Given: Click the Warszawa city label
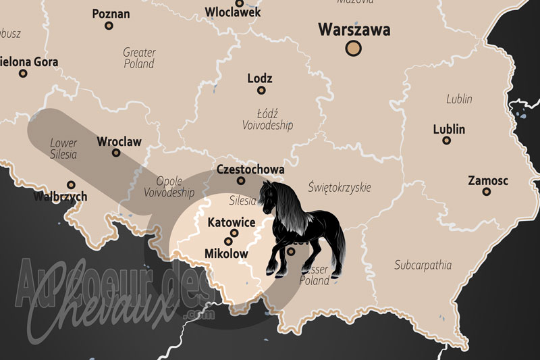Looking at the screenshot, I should point(354,30).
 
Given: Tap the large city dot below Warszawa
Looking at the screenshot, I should point(354,48).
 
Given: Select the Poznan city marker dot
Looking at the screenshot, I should point(109,26).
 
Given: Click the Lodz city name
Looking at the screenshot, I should point(260,78).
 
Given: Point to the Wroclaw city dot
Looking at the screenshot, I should point(116,153).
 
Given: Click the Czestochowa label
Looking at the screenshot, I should point(250,170).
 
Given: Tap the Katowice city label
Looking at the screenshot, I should point(232,222).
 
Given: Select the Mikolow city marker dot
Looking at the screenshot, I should point(229,241).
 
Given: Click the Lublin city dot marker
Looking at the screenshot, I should point(446,140).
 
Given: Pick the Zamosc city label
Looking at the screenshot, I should point(489,180).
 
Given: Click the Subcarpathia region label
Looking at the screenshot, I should point(423,265).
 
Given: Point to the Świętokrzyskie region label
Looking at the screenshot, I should point(339,187).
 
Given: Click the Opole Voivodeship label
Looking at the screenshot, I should point(169,186).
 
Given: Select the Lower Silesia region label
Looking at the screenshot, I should point(63,149).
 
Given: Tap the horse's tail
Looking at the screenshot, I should point(335,253).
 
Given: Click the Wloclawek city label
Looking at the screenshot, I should point(232,12).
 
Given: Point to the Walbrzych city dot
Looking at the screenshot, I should point(71,184).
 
